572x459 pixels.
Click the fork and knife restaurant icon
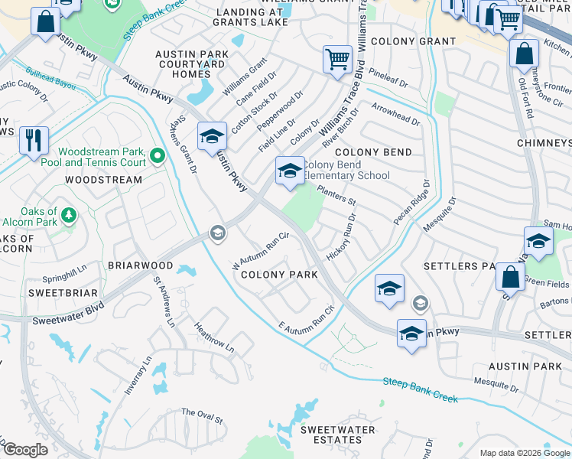point(34,141)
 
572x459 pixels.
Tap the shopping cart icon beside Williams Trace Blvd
point(337,60)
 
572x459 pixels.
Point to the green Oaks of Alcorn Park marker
point(69,216)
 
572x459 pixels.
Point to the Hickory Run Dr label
point(342,239)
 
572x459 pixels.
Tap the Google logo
point(25,450)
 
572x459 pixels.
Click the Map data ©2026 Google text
point(525,453)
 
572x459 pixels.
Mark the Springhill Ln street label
point(66,273)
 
